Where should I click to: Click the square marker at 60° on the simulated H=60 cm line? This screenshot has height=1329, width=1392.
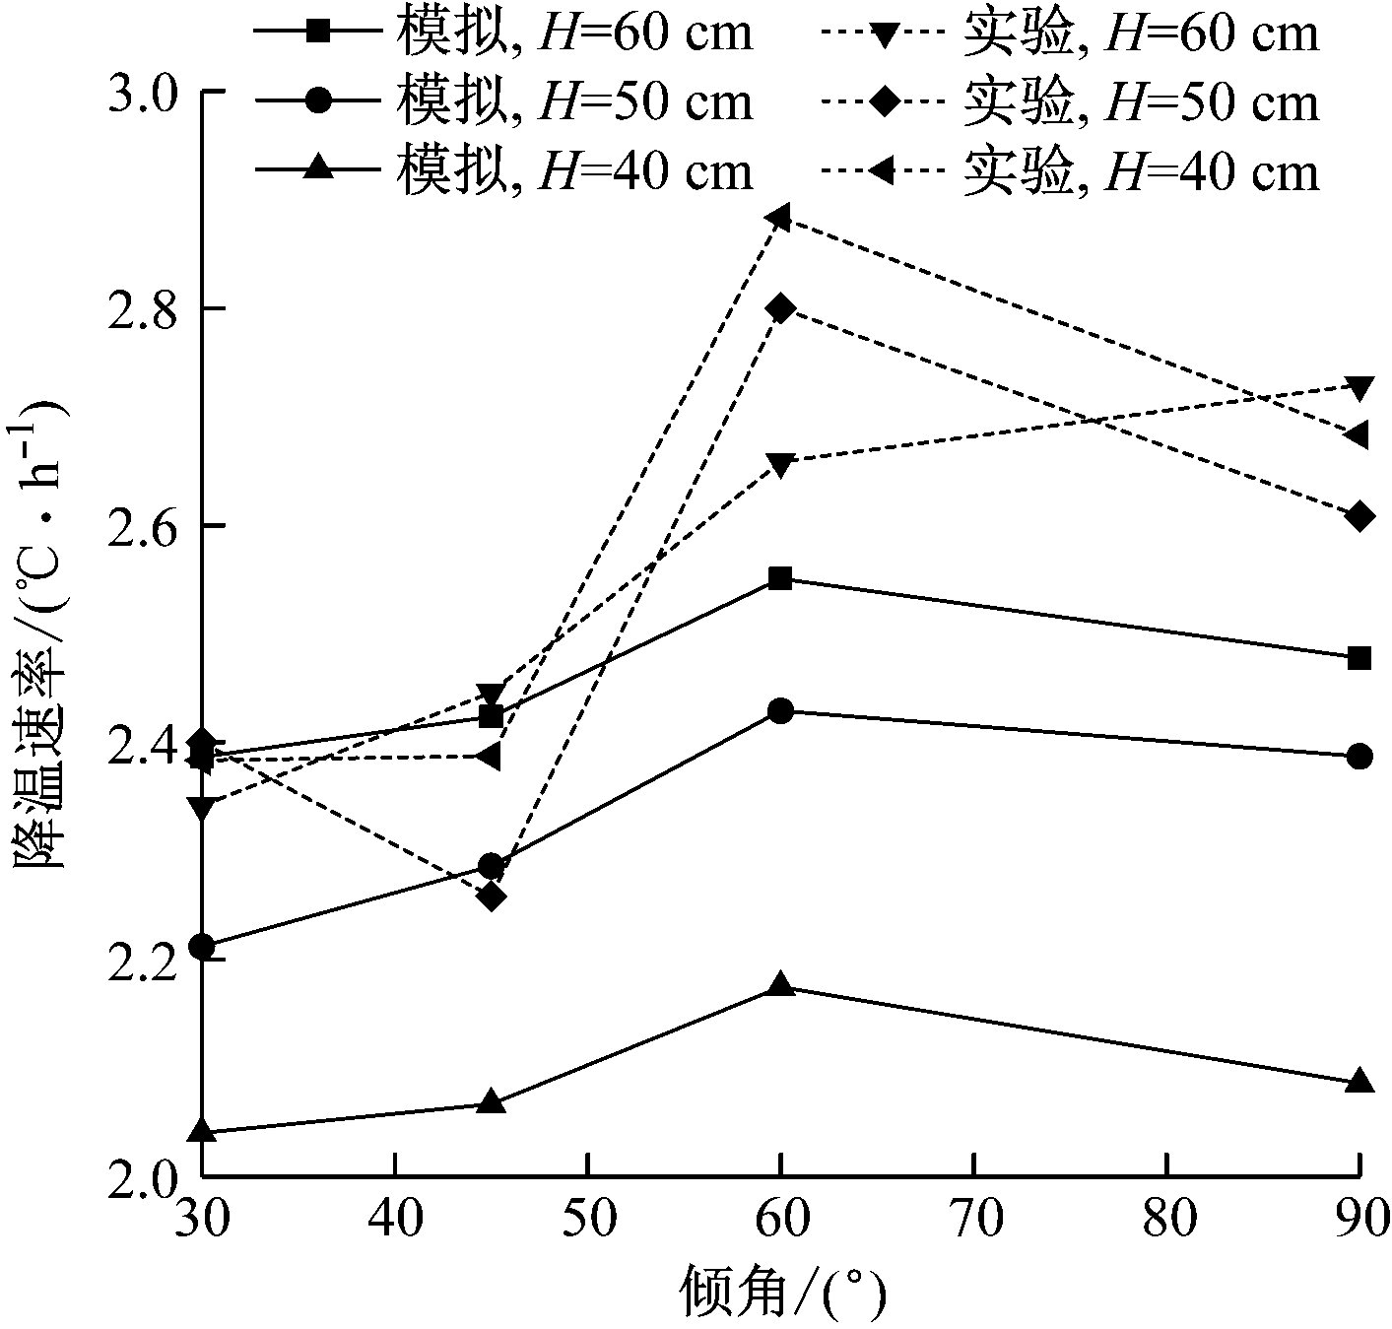point(780,578)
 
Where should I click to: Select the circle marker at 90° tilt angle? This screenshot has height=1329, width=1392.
point(1359,757)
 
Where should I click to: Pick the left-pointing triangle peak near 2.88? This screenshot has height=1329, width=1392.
point(778,217)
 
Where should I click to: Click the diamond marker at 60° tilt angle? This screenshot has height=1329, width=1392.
point(780,307)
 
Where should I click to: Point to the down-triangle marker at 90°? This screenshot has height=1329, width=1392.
point(1359,387)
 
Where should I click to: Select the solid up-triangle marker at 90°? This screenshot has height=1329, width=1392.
point(1359,1081)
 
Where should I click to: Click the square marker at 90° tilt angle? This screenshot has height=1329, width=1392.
point(1359,658)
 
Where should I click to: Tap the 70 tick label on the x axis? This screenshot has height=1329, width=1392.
point(973,1220)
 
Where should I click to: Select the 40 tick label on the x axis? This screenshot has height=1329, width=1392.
point(394,1220)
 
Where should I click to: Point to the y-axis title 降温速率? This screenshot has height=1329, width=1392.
point(39,759)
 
